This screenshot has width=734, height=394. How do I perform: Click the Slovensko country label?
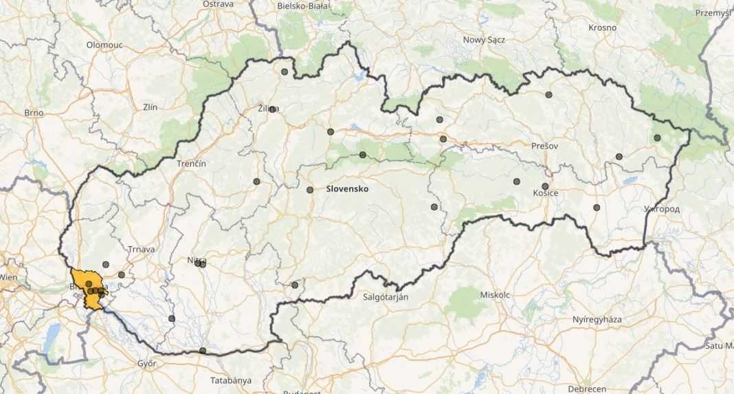(347, 188)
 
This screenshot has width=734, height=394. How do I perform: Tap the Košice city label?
(545, 193)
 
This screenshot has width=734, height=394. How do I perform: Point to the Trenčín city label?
(191, 164)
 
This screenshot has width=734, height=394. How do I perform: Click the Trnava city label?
(141, 249)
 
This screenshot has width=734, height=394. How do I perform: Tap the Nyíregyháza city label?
(597, 320)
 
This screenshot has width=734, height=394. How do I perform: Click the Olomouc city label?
(104, 44)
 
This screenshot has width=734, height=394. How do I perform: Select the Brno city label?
(34, 113)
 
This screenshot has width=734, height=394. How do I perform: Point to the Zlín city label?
(148, 107)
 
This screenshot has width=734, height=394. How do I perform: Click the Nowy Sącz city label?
(484, 40)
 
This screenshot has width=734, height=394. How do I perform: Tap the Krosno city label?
(603, 28)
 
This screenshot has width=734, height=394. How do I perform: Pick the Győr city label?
(146, 363)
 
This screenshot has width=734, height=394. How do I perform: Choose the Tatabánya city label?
(230, 380)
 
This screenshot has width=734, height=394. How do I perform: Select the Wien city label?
(8, 276)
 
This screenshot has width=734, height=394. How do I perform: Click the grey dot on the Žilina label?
(272, 109)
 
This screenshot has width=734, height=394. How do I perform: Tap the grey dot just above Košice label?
(545, 186)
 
